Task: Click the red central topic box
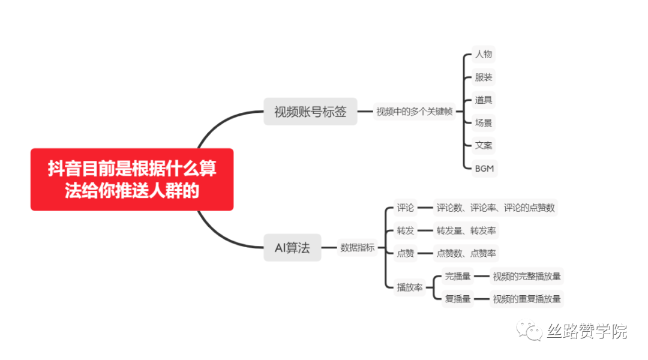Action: [x=132, y=179]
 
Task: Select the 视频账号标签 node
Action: [x=310, y=112]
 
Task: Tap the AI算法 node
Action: [x=292, y=248]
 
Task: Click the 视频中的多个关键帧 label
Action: [x=415, y=112]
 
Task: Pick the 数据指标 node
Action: [x=357, y=248]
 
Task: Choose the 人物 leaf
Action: [x=484, y=55]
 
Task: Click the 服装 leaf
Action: [x=484, y=77]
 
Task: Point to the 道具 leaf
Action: [x=484, y=100]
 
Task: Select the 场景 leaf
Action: [x=484, y=123]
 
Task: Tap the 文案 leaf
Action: [x=484, y=146]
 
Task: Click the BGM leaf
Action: [x=484, y=169]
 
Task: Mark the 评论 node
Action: [x=406, y=208]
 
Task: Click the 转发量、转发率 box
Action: [x=466, y=231]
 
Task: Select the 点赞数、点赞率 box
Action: [x=466, y=253]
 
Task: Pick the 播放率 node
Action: [x=410, y=287]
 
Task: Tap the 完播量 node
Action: [x=458, y=277]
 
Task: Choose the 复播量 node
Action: [x=458, y=299]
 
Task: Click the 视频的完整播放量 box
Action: [x=527, y=277]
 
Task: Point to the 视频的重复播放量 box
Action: [x=527, y=299]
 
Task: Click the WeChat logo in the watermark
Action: [x=531, y=330]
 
